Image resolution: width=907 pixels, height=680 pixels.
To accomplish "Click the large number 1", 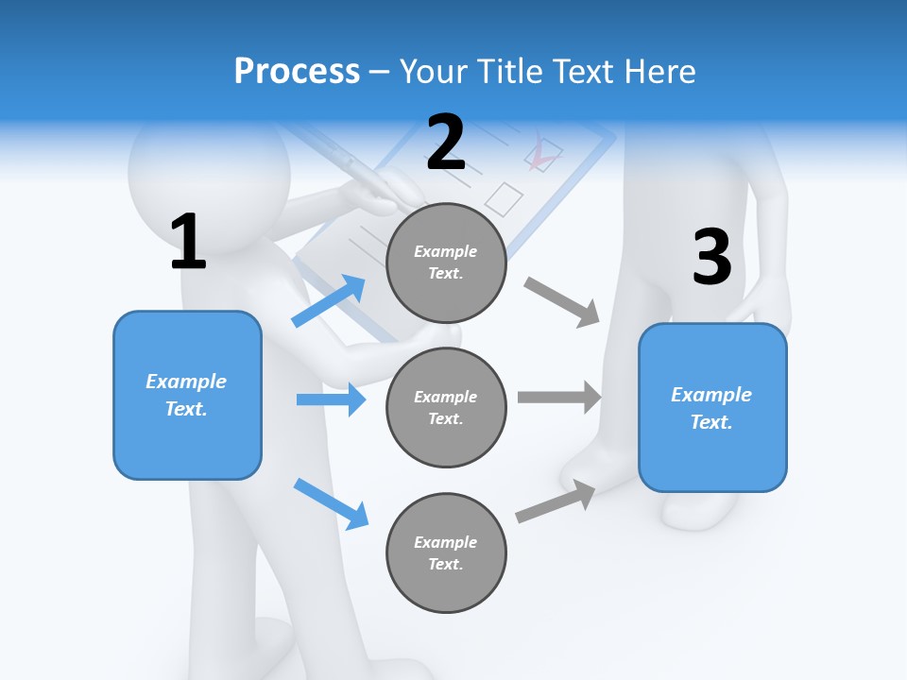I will click(x=188, y=243).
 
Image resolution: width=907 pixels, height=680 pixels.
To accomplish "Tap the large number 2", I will click(x=446, y=143).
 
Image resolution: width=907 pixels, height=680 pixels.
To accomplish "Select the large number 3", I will click(x=712, y=257).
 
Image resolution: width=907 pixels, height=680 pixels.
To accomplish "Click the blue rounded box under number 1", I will click(x=187, y=395).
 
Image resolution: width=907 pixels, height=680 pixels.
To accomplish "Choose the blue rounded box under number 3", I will click(x=712, y=407).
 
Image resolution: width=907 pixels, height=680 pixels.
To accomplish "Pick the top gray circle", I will click(x=446, y=263).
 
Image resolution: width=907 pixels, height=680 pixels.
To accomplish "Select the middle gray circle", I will click(x=446, y=407).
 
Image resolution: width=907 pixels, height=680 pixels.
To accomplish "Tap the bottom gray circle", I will click(x=446, y=552).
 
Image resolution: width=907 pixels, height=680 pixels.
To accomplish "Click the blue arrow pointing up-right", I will click(x=329, y=300).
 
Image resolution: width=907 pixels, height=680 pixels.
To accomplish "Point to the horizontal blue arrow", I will click(x=331, y=399).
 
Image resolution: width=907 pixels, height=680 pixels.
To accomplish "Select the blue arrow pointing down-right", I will click(x=331, y=503).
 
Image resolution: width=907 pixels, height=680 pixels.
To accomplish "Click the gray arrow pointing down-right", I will click(x=562, y=301).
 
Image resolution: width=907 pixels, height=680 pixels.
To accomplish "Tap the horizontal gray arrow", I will click(x=559, y=397).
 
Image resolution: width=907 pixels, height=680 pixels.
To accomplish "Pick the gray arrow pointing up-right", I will click(x=556, y=501).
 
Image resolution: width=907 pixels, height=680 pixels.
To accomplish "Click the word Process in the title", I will click(x=297, y=71).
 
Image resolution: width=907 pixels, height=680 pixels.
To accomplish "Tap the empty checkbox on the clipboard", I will click(x=504, y=197).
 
